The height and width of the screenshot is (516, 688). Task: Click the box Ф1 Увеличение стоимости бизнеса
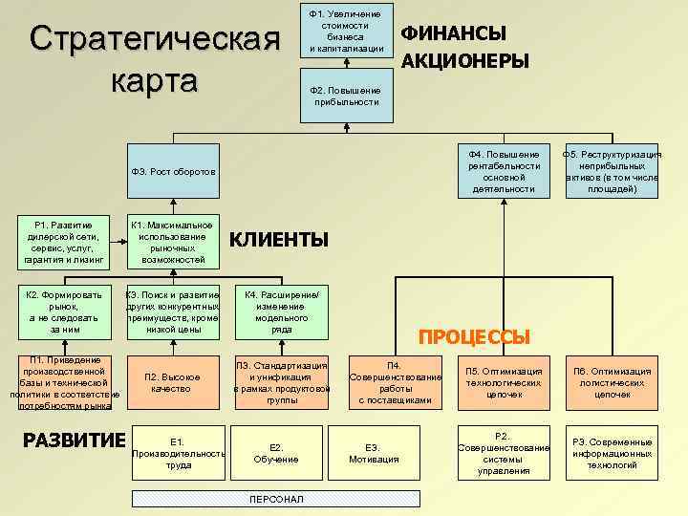click(346, 32)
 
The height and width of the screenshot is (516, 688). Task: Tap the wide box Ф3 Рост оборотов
click(287, 171)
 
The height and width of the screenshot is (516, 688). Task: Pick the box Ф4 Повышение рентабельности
click(505, 171)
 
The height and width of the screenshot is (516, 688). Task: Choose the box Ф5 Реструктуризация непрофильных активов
click(613, 171)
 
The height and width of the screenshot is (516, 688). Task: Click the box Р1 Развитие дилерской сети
click(65, 243)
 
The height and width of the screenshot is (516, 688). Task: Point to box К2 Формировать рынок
click(65, 312)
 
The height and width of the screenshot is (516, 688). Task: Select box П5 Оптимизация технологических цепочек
click(505, 381)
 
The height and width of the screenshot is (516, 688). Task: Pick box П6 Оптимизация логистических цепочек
click(613, 381)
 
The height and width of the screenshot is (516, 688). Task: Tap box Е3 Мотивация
click(373, 453)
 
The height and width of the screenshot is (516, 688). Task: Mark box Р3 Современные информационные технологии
click(613, 453)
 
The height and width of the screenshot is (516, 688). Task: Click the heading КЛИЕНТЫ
click(279, 239)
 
